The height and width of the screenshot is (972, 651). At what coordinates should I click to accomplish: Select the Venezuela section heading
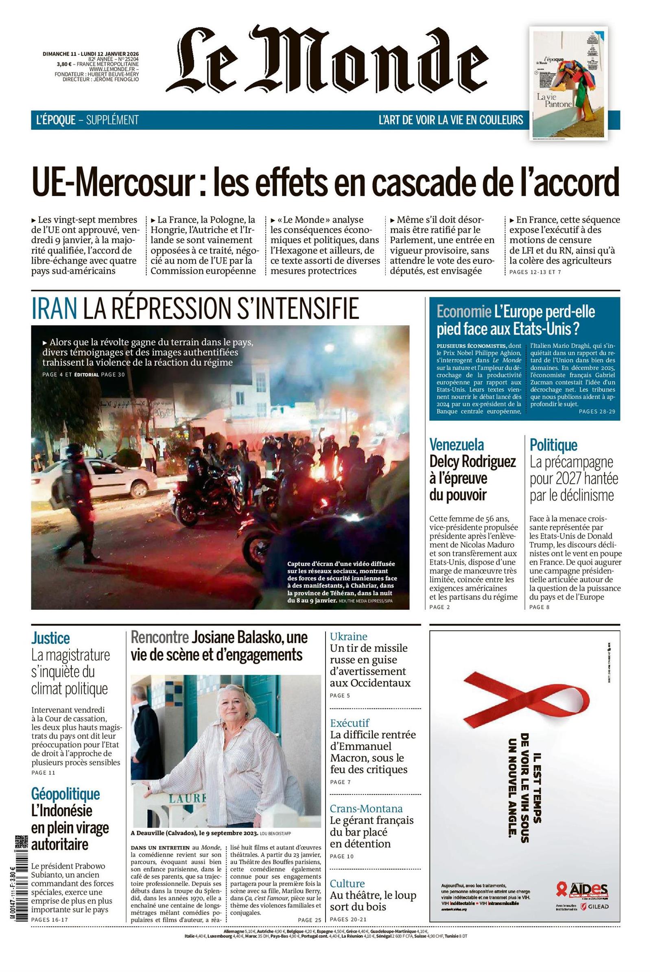point(456,445)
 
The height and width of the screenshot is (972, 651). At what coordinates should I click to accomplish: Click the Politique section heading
point(553,445)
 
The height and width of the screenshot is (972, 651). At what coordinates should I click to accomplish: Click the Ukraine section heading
point(349,636)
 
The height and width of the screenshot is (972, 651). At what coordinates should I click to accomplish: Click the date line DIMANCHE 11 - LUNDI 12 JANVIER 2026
point(90,54)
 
